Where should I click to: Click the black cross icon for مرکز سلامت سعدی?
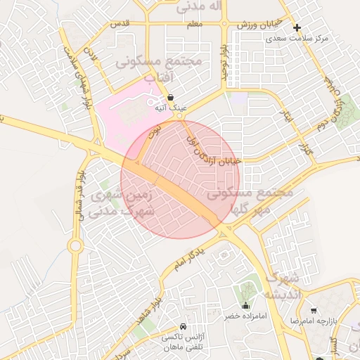297,29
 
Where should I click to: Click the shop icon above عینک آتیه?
171,98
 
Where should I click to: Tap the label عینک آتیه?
171,108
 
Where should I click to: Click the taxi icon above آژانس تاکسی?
183,327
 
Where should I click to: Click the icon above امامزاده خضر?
245,305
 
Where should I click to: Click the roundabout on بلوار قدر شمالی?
75,245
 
